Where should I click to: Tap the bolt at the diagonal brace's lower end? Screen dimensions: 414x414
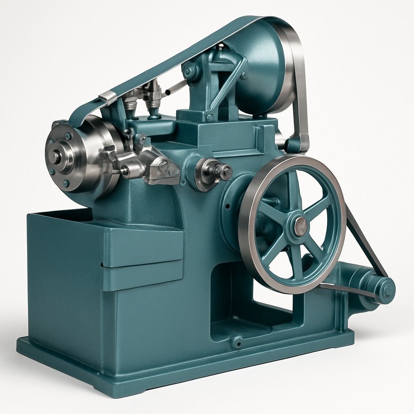[x=210, y=118]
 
